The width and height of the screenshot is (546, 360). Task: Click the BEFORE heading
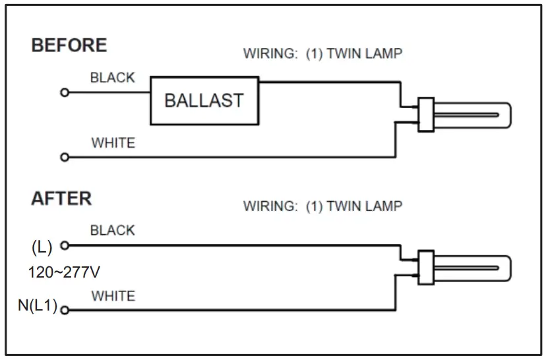click(69, 45)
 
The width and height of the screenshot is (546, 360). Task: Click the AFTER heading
click(61, 198)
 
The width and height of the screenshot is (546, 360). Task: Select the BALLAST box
click(204, 100)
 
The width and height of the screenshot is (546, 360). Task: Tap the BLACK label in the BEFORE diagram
click(112, 77)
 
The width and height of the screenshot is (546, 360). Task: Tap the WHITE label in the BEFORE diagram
click(113, 142)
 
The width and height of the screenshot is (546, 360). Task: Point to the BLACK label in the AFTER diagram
click(112, 230)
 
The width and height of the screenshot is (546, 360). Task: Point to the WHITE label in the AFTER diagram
click(113, 295)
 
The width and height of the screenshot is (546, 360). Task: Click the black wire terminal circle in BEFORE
click(64, 92)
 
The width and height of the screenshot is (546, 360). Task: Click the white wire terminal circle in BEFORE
click(64, 157)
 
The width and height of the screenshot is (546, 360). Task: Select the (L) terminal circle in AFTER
click(64, 245)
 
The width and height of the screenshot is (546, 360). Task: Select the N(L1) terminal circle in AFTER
click(64, 310)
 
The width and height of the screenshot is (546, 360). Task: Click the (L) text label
click(42, 247)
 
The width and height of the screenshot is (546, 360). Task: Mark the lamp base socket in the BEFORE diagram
click(425, 113)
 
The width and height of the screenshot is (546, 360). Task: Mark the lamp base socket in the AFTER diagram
click(425, 267)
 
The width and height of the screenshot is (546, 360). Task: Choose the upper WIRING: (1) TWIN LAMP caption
click(322, 53)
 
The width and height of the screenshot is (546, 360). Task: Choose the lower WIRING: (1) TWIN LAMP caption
click(322, 206)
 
